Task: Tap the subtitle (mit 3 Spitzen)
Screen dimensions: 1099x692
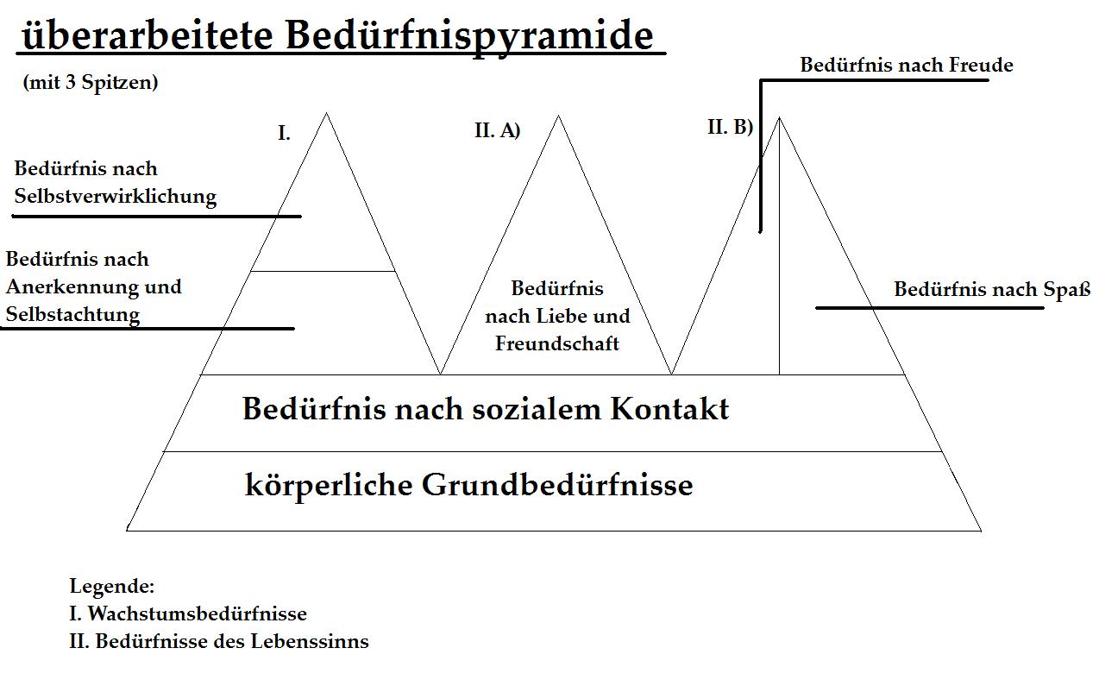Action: tap(91, 83)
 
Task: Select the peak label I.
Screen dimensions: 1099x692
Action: tap(284, 133)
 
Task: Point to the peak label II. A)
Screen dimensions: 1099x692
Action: tap(498, 130)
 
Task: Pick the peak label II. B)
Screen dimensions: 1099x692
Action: tap(730, 127)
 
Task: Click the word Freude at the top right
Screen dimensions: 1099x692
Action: tap(981, 65)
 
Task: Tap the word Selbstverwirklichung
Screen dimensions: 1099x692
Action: tap(116, 197)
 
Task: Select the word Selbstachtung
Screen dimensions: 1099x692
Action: tap(72, 315)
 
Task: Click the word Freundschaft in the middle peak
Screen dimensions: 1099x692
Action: tap(557, 343)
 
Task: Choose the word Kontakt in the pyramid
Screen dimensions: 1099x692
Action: tap(669, 408)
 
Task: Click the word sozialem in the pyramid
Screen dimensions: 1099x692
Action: tap(537, 408)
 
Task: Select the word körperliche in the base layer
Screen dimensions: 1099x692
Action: tap(328, 486)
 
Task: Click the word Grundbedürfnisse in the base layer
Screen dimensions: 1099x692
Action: tap(557, 484)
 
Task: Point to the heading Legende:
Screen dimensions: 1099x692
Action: tap(112, 586)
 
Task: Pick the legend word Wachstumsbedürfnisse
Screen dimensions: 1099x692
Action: tap(198, 613)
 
